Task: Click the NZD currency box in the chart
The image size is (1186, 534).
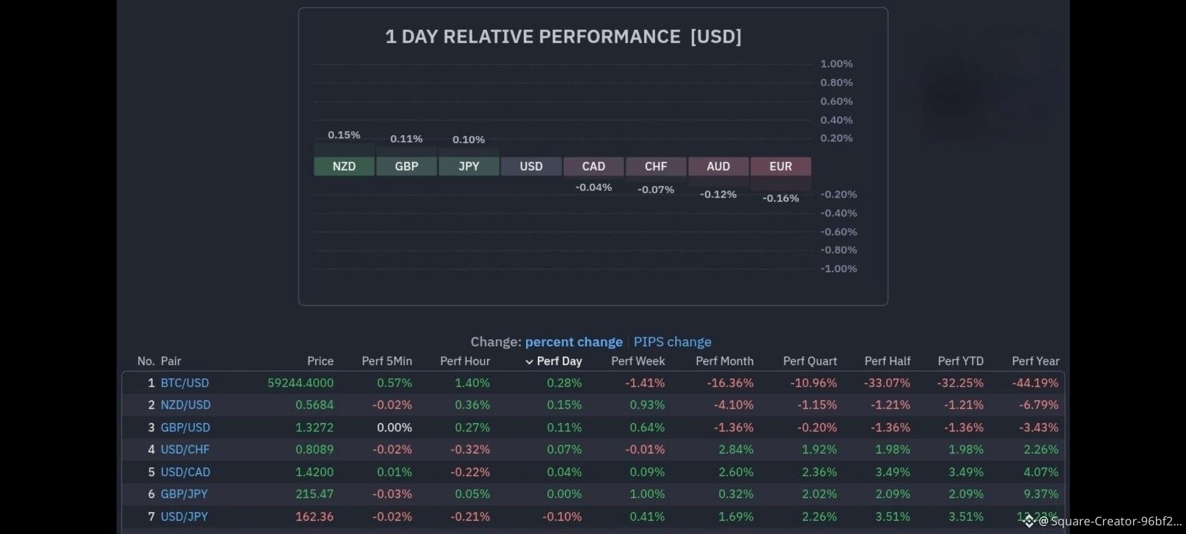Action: tap(344, 166)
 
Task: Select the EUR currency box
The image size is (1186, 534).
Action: tap(781, 166)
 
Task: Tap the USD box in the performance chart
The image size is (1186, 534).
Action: tap(531, 166)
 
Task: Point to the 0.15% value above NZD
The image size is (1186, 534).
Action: tap(344, 135)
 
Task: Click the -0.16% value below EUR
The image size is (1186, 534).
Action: tap(781, 198)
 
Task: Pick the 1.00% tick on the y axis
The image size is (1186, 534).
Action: tap(837, 64)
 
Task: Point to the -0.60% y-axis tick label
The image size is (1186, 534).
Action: tap(839, 232)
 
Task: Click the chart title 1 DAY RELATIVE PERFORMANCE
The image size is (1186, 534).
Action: tap(533, 37)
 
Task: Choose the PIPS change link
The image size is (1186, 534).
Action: tap(673, 342)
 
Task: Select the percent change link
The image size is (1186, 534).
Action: tap(574, 342)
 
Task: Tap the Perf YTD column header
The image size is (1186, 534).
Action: tap(961, 361)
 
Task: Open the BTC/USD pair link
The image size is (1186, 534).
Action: tap(185, 383)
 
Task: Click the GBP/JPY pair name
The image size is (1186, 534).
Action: tap(184, 494)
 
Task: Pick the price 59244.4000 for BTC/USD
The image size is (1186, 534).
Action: tap(300, 383)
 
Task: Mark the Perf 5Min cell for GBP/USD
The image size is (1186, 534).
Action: tap(394, 427)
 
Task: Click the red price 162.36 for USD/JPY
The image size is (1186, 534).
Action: tap(314, 517)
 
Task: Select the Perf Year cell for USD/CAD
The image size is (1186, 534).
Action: tap(1041, 472)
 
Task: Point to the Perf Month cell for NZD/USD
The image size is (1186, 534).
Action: tap(733, 405)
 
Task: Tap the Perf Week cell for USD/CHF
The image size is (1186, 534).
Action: tap(645, 449)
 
